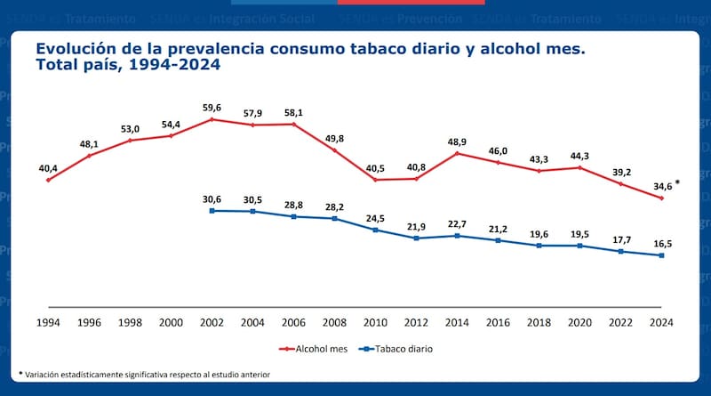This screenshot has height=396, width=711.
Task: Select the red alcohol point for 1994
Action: tap(48, 180)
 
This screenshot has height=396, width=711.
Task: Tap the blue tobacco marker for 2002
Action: tap(212, 210)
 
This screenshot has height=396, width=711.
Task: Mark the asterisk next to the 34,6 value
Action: tap(678, 183)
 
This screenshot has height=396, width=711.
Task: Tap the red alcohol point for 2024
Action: tap(662, 198)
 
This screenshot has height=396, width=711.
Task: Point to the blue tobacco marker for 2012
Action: tap(417, 238)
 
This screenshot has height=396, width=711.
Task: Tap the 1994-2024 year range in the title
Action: tap(177, 65)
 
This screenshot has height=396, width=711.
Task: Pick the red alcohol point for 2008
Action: tap(335, 150)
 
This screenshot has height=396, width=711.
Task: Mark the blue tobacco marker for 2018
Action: tap(539, 246)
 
